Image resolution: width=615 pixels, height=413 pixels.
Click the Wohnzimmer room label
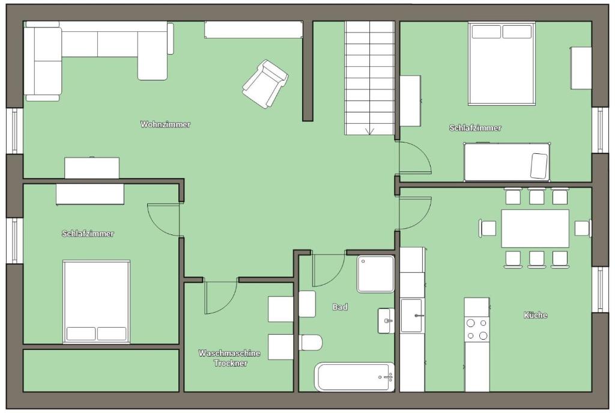point(165,124)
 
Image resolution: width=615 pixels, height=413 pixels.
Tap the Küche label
point(535,315)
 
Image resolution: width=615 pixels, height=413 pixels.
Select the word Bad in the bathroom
point(340,307)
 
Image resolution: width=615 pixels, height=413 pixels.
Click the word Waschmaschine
point(229,353)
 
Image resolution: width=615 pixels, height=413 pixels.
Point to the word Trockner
point(230,363)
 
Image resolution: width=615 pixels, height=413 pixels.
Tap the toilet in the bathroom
point(311,342)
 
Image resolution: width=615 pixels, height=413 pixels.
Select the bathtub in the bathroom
point(354,377)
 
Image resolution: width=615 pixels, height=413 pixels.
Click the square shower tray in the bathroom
point(376,274)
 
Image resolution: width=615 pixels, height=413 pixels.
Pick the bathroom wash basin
point(386,321)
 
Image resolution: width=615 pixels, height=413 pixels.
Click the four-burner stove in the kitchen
point(477,329)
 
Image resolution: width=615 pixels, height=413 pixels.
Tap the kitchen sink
point(412,316)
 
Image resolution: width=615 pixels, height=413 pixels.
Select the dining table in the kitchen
point(535,228)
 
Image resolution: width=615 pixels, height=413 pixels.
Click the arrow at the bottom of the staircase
point(370,131)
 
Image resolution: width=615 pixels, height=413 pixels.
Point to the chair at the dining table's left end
point(488,228)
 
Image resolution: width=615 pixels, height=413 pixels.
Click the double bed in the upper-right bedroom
point(501,64)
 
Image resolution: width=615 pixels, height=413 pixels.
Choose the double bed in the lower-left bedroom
point(97,302)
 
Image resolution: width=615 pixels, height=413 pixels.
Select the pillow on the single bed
point(539,166)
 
